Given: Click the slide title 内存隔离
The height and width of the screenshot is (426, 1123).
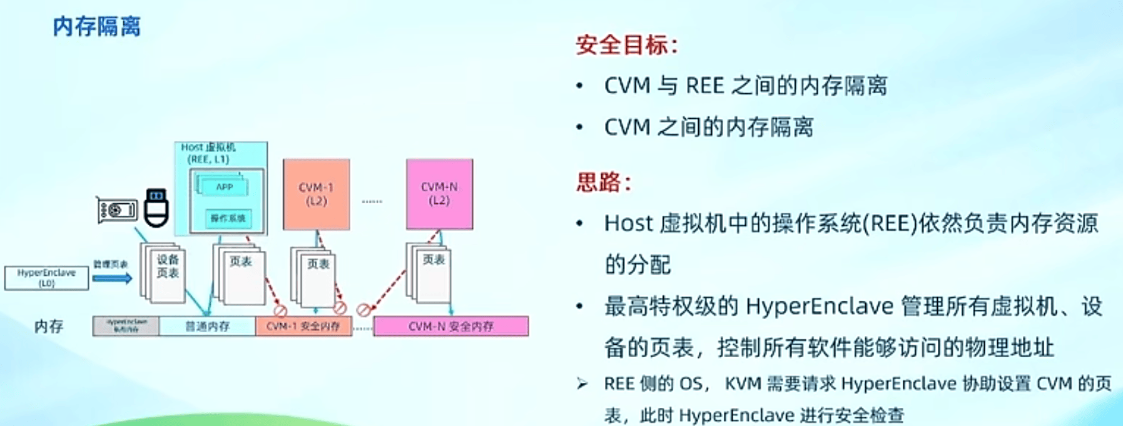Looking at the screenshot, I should [x=97, y=27].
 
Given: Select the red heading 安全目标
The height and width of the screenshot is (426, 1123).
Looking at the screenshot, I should [x=626, y=45].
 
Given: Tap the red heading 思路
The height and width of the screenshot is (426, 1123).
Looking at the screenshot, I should [x=603, y=182].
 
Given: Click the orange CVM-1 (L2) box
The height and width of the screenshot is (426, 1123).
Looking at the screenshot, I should [x=316, y=194].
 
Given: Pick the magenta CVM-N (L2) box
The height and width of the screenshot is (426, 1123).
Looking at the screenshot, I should [x=439, y=194].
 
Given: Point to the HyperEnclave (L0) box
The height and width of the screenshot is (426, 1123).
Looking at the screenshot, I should [x=46, y=278].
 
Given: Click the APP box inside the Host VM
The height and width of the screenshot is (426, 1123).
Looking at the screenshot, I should [x=224, y=187].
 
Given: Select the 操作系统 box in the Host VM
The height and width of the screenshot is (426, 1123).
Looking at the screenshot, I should [x=228, y=218].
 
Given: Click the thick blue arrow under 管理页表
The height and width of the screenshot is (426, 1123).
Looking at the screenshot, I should [x=112, y=278].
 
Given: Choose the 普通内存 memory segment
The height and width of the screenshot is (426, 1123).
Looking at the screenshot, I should [x=207, y=326].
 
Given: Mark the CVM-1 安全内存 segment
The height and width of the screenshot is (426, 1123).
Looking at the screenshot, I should [x=303, y=326].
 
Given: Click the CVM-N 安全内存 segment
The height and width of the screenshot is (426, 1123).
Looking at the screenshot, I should [x=450, y=326].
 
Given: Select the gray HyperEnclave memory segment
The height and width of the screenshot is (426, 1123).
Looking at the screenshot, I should [x=126, y=326].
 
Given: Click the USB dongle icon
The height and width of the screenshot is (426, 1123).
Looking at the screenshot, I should [x=156, y=207].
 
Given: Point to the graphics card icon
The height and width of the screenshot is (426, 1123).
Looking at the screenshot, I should [x=117, y=210].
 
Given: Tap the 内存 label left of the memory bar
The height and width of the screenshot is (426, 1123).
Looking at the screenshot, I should [x=49, y=326].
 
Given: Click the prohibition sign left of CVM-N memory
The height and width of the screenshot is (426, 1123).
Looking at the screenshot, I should [x=363, y=310].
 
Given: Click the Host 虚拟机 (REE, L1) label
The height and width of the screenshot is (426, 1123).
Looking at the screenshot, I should [x=208, y=153].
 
